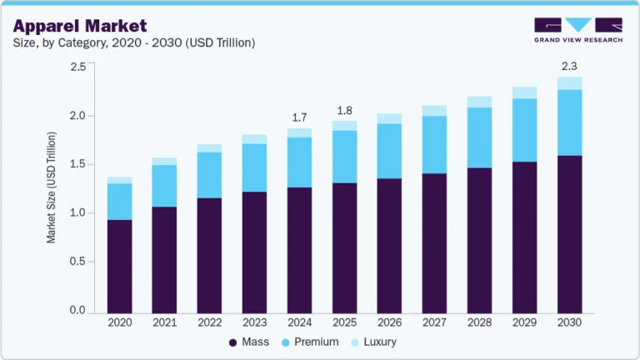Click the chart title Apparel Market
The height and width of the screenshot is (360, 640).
click(x=80, y=26)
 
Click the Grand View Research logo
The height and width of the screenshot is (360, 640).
click(x=577, y=29)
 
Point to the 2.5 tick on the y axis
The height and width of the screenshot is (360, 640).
click(x=77, y=67)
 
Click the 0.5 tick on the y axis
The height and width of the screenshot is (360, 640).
click(x=77, y=262)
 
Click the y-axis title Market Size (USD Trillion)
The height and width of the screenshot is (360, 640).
click(x=52, y=187)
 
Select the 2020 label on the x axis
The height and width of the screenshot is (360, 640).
click(x=120, y=322)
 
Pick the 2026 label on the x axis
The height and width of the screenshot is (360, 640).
click(x=388, y=322)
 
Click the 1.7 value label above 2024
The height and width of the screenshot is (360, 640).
click(x=299, y=117)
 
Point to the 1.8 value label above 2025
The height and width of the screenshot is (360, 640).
click(x=344, y=110)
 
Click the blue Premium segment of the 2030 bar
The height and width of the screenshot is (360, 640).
click(x=569, y=122)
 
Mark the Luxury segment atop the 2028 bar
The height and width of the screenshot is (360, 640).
click(x=479, y=102)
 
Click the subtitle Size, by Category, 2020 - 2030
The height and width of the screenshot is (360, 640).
click(x=133, y=42)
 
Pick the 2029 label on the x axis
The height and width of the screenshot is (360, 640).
click(x=524, y=322)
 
